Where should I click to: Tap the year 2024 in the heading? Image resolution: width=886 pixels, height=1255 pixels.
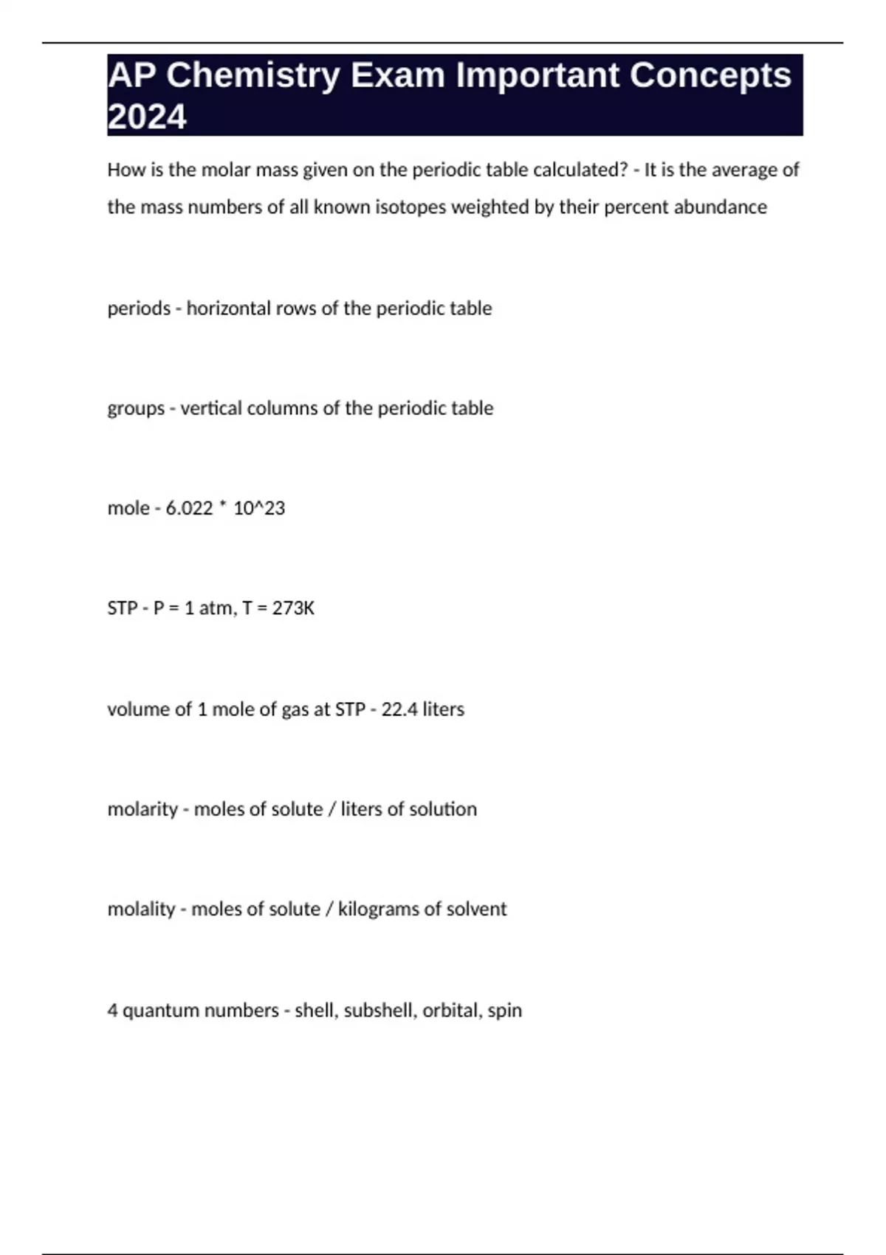tap(147, 117)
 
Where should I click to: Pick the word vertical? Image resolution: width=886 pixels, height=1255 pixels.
tap(211, 408)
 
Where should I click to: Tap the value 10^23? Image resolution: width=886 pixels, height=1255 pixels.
tap(259, 508)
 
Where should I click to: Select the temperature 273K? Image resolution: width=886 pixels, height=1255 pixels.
tap(293, 608)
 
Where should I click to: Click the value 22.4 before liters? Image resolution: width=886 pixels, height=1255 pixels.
tap(399, 709)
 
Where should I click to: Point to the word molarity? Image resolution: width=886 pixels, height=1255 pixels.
tap(142, 809)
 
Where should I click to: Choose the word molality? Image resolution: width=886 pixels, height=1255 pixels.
tap(141, 909)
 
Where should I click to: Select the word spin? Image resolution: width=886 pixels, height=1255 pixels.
tap(505, 1010)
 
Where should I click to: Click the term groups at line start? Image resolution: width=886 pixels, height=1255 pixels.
tap(136, 408)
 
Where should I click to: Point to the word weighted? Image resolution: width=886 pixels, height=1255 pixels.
tap(490, 207)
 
